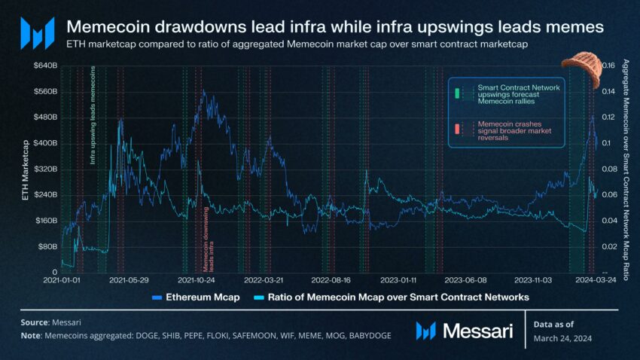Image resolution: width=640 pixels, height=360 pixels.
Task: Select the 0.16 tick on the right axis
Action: point(607,66)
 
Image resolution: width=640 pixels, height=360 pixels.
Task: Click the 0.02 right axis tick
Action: point(607,246)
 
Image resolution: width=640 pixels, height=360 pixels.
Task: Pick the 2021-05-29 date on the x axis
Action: point(129,279)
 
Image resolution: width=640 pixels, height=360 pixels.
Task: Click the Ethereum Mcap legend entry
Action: point(196,297)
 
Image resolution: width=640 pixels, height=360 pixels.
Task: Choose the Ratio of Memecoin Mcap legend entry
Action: point(392,297)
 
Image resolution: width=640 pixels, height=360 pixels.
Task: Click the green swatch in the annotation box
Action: point(456,93)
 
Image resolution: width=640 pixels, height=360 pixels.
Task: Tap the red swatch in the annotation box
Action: point(456,130)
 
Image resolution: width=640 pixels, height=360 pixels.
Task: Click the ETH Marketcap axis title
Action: point(27,169)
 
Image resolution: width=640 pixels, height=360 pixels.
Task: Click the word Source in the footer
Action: point(35,322)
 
